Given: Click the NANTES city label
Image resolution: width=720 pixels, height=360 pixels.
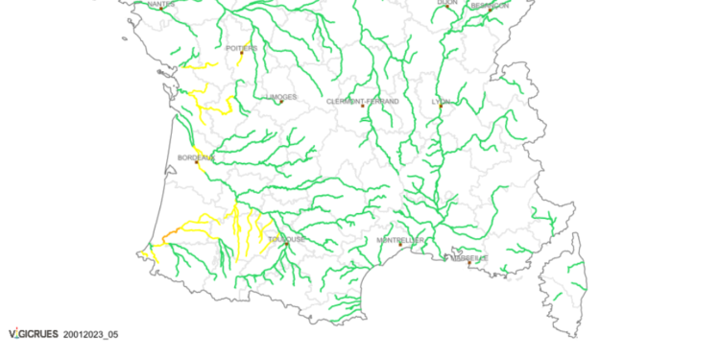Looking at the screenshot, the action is (161, 4).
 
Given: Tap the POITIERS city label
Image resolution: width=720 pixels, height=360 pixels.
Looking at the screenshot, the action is (241, 47).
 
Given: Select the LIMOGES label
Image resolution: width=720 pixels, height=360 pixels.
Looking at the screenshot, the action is (281, 97).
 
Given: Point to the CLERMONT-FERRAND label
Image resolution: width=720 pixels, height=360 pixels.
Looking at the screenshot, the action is (363, 101).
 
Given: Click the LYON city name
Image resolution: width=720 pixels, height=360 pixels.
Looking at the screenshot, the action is (441, 101).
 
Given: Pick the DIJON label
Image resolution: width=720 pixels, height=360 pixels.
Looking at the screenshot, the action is (447, 3).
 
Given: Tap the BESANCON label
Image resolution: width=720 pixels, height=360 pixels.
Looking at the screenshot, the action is (490, 5).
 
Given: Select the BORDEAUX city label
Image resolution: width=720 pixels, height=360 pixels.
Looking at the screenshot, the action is (196, 156).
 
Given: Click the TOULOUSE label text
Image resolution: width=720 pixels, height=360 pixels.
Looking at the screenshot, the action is (286, 238).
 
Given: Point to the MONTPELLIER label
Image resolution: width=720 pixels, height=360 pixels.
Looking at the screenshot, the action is (400, 240).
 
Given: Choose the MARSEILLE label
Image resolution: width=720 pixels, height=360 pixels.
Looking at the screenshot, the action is (469, 257).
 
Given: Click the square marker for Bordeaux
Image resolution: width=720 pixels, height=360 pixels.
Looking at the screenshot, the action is (197, 162).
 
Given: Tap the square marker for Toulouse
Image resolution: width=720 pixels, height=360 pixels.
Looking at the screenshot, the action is (286, 244).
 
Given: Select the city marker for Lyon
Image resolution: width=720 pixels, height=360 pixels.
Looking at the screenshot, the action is (441, 107).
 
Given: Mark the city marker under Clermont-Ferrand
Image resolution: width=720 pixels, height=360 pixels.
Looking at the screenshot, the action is (363, 107).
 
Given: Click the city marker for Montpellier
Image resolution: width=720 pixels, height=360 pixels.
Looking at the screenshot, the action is (400, 245).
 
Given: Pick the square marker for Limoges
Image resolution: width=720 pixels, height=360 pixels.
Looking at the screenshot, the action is (281, 103).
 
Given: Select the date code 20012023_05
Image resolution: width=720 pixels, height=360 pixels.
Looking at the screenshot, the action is (91, 335).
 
